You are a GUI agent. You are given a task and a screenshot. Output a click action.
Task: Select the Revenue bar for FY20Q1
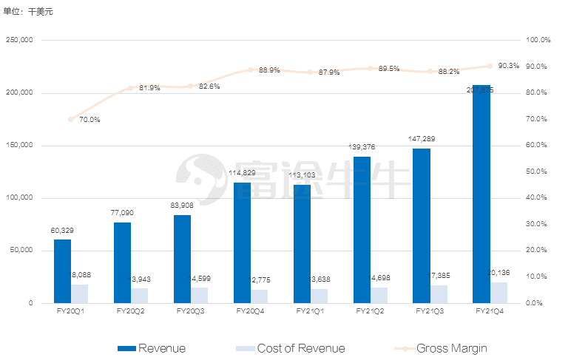point(63,271)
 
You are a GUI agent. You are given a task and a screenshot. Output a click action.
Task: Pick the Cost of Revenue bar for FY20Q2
point(140,295)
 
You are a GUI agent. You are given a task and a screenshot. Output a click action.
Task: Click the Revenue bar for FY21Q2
point(362,229)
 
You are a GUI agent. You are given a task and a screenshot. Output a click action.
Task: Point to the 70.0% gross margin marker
point(71,119)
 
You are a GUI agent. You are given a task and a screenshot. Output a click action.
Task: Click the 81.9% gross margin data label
point(149,88)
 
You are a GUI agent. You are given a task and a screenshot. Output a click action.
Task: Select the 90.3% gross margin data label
point(509,66)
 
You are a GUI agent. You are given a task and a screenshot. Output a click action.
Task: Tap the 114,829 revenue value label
point(243,173)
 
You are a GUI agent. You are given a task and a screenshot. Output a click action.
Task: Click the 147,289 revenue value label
point(422,138)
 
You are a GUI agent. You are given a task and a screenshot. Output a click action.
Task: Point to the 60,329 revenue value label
point(62,231)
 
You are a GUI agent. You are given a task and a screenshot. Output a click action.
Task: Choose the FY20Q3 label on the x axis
point(191,312)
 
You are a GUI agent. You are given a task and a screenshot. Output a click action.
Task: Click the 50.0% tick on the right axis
point(538,171)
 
